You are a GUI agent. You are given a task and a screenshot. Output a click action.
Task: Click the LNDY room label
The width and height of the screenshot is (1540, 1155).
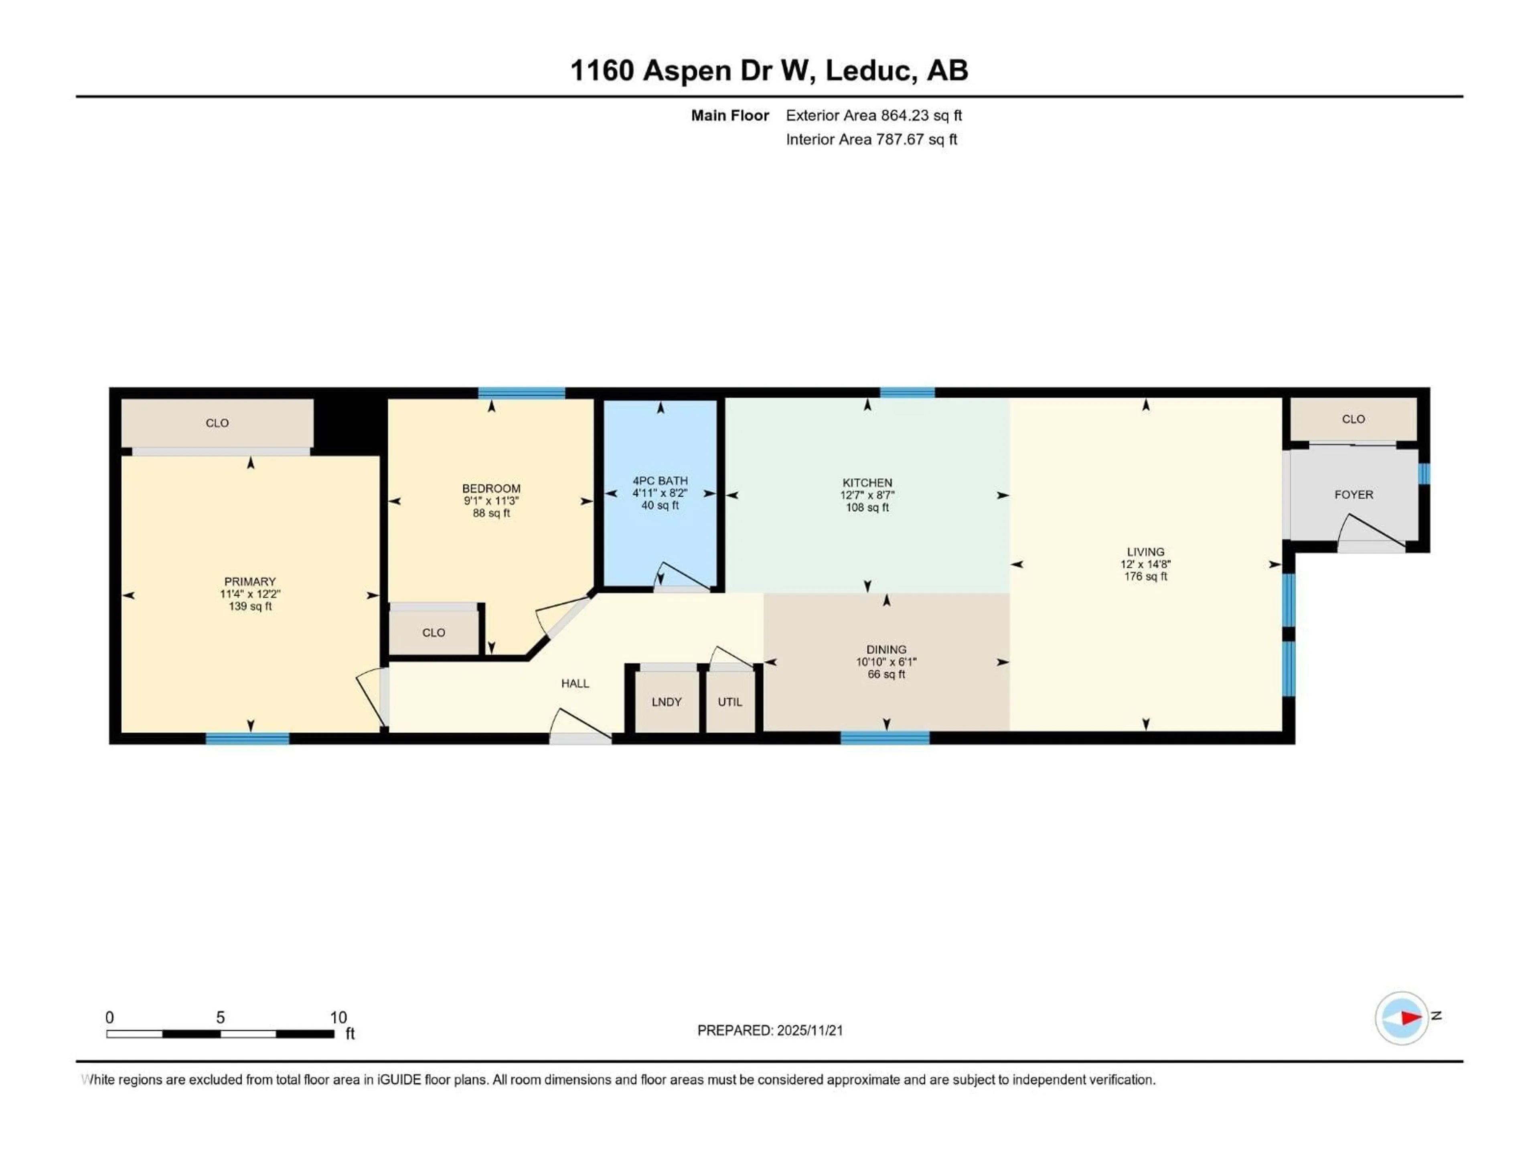tap(666, 702)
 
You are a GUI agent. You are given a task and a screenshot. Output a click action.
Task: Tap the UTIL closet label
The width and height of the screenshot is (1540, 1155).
tap(729, 702)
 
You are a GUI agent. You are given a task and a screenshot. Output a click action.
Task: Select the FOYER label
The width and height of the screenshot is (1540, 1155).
tap(1354, 494)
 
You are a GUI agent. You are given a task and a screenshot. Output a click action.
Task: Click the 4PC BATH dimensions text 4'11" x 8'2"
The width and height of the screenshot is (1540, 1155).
tap(659, 493)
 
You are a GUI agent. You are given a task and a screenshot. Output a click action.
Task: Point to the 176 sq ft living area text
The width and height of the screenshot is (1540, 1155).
tap(1145, 576)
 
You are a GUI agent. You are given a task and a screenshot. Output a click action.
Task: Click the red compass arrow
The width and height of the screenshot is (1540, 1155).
tap(1410, 1018)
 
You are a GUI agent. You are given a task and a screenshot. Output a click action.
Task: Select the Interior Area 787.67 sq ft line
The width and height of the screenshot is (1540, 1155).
tap(871, 139)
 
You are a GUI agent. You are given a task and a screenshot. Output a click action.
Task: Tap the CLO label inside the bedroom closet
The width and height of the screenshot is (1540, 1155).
tap(433, 632)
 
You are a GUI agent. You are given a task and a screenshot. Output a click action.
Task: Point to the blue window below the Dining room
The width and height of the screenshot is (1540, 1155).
tap(884, 738)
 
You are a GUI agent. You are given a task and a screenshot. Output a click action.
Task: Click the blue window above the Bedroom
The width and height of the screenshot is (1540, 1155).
tap(521, 393)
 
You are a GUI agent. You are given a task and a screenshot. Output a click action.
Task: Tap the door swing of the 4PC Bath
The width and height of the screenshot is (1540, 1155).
tap(681, 575)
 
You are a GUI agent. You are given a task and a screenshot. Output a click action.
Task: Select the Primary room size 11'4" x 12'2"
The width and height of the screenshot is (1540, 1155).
tap(250, 594)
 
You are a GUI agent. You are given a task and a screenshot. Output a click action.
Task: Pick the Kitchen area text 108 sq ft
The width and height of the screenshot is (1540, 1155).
tap(867, 508)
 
